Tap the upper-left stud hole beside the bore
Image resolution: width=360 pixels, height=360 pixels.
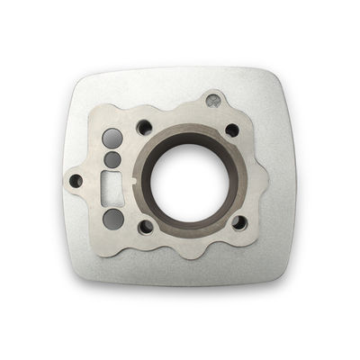pyautogui.click(x=143, y=127)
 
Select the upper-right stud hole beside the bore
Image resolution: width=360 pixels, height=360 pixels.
pyautogui.click(x=231, y=130)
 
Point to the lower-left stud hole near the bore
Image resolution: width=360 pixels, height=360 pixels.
pyautogui.click(x=146, y=226)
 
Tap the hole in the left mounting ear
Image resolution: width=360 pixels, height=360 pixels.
pyautogui.click(x=76, y=181)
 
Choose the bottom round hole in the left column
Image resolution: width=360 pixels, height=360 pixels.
pyautogui.click(x=112, y=218)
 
